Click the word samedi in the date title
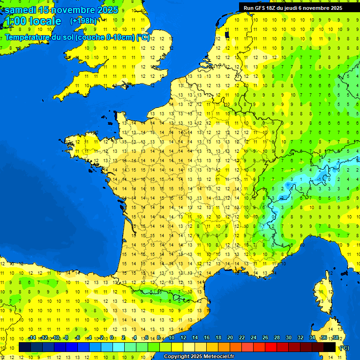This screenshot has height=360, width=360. click(21, 10)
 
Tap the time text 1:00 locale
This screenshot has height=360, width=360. click(32, 21)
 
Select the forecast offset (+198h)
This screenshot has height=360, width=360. click(83, 21)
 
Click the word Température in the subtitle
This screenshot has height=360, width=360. click(26, 37)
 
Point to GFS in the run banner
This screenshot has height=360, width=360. click(260, 8)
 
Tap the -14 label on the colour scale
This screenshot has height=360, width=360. click(32, 338)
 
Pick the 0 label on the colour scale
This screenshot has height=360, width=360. click(112, 338)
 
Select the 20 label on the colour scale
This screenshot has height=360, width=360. click(230, 338)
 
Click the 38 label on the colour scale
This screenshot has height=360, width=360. click(336, 338)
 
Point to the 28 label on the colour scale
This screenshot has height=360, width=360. click(277, 338)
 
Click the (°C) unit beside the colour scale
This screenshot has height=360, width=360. click(344, 348)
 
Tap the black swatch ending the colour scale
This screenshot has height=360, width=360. click(330, 347)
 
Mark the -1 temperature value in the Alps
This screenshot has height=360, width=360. click(319, 179)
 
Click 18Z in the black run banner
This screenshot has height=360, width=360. click(274, 8)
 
